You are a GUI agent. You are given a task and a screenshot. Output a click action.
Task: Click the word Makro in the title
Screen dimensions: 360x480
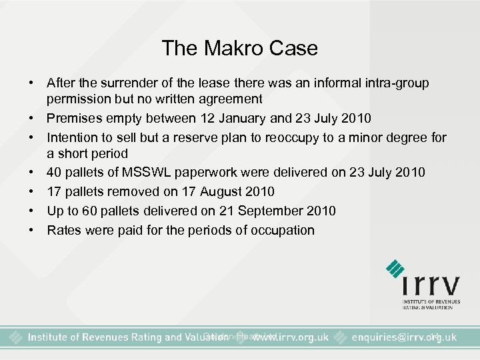tap(239, 48)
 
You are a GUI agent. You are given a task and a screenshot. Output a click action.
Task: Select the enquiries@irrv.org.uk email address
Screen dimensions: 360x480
tap(405, 337)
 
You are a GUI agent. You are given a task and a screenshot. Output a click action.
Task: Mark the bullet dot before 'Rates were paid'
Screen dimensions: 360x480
tap(31, 230)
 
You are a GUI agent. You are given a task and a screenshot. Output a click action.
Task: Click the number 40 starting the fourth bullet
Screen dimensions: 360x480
tap(54, 173)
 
